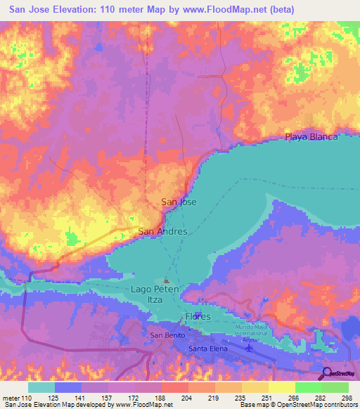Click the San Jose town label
tap(179, 202)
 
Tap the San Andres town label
tap(162, 231)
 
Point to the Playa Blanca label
tap(311, 136)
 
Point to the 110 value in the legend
tap(27, 397)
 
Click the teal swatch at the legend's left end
tap(41, 387)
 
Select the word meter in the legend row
tap(10, 397)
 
